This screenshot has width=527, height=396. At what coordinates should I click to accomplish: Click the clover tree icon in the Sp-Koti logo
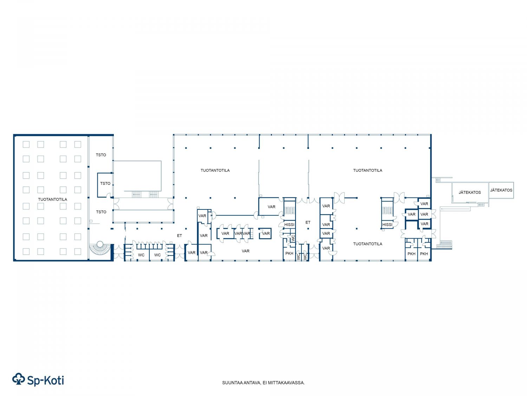tap(19, 379)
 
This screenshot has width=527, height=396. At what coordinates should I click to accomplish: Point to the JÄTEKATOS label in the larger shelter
tap(470, 192)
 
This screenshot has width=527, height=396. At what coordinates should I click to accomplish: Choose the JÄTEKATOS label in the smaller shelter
tap(501, 190)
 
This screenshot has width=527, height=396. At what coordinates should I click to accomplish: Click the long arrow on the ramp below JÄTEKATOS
tap(456, 209)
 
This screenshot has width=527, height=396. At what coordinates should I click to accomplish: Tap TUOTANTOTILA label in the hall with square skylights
tap(53, 199)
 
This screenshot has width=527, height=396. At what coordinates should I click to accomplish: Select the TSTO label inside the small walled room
tap(105, 183)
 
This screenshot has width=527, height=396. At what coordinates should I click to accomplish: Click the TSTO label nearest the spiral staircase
tap(101, 212)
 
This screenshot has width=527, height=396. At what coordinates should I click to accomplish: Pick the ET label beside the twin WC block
tap(179, 235)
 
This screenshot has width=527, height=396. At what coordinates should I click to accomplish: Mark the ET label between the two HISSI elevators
tap(308, 222)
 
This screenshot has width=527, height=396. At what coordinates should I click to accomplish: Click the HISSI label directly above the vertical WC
tap(289, 225)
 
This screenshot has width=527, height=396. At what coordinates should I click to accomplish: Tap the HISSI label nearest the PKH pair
tap(387, 225)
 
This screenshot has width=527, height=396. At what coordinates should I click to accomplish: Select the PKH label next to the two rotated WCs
tap(289, 253)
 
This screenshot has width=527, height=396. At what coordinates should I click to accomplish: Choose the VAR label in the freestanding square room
tap(266, 233)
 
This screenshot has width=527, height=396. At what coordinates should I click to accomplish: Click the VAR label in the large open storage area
tap(245, 251)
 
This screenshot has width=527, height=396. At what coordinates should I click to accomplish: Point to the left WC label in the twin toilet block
tap(141, 255)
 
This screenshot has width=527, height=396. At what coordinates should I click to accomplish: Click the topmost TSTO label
tap(101, 155)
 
